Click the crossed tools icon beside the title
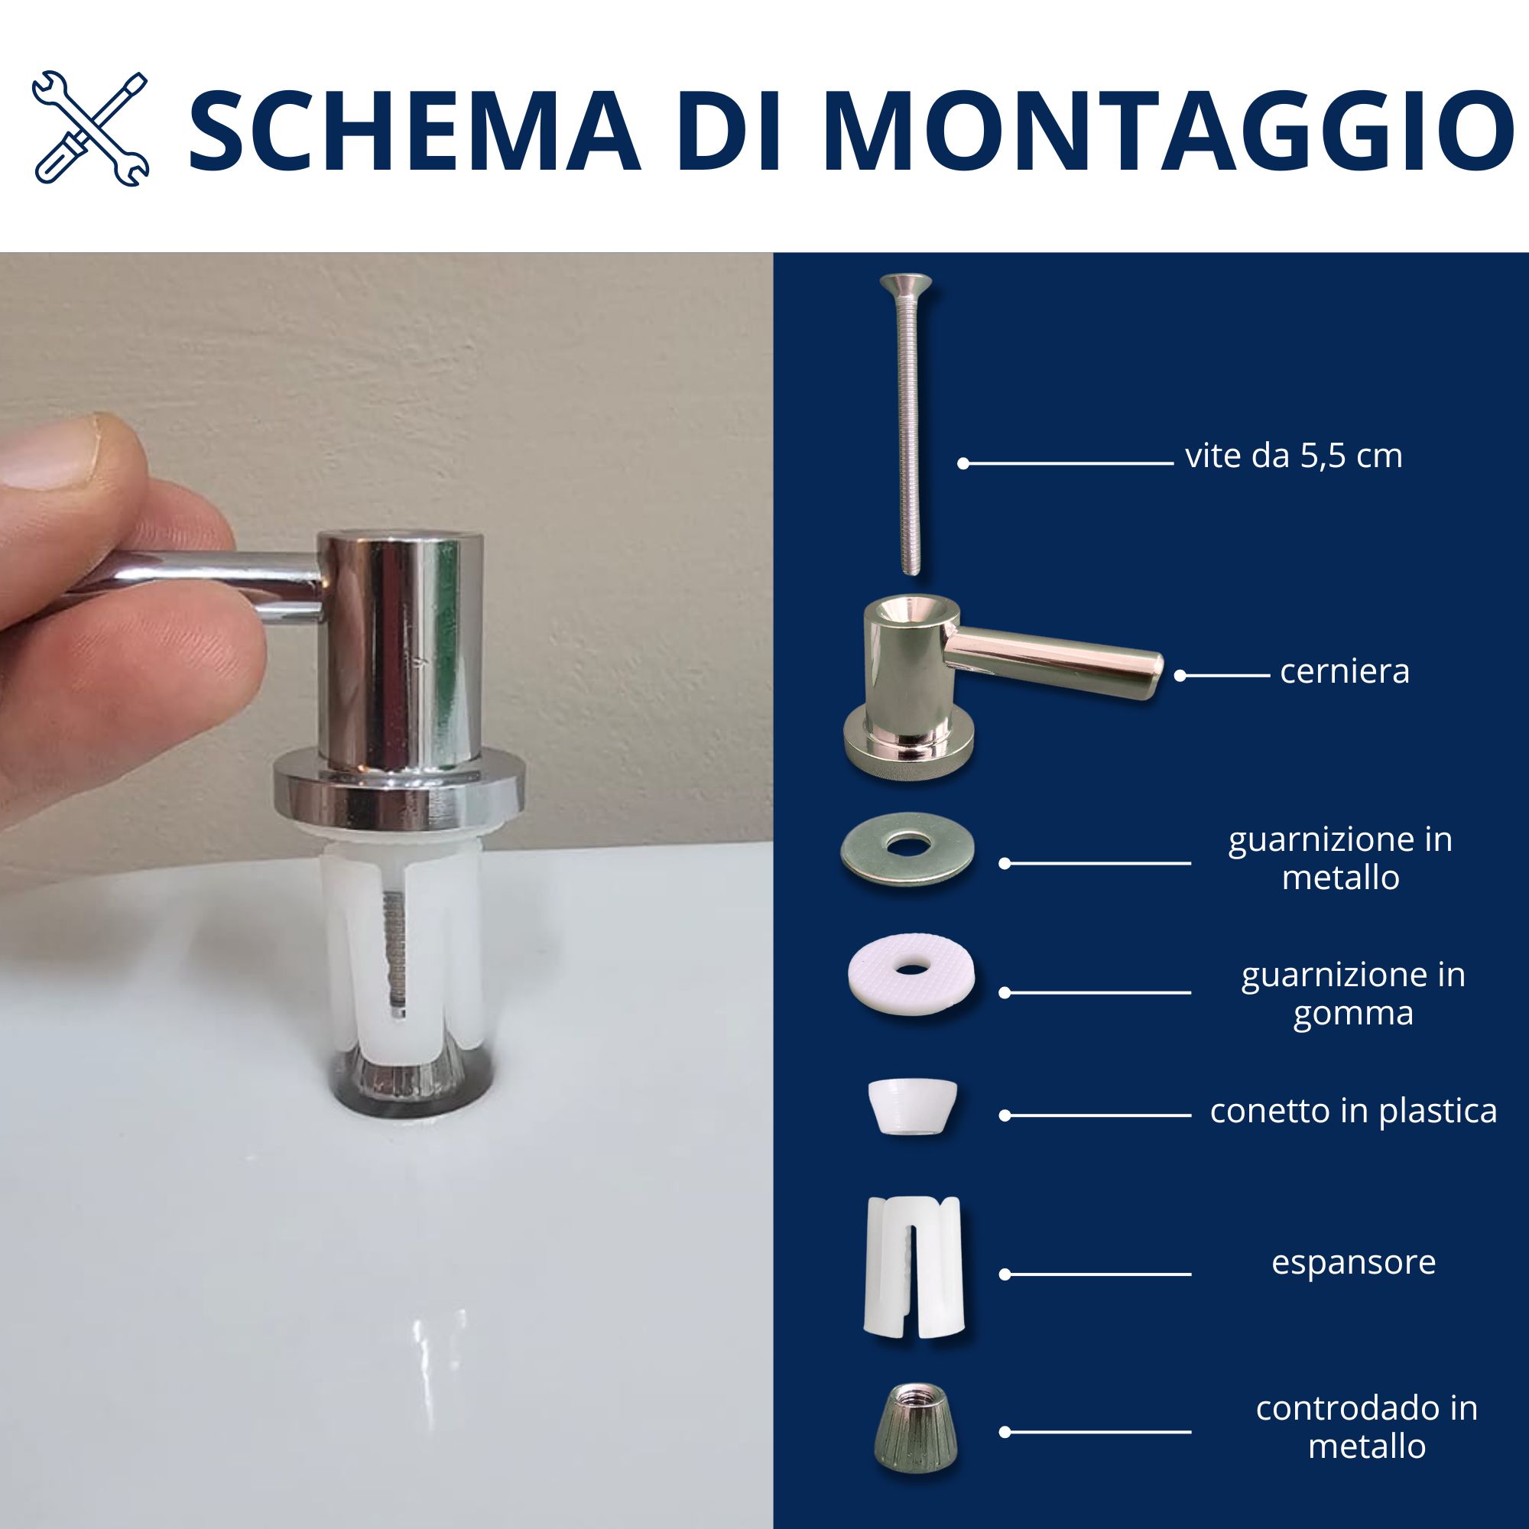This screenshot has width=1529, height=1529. click(x=90, y=129)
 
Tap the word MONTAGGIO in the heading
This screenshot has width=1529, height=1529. click(x=1167, y=131)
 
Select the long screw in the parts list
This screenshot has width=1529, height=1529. click(x=907, y=424)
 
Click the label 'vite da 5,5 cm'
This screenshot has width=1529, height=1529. click(x=1294, y=456)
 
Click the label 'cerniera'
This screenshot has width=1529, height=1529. click(x=1345, y=671)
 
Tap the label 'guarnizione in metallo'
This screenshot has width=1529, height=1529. click(x=1341, y=858)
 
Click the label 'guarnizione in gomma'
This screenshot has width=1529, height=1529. click(x=1353, y=994)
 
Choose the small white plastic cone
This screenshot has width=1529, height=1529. click(x=913, y=1107)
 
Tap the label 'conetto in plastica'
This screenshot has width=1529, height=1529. click(x=1353, y=1111)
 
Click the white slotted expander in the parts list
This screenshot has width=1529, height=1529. click(x=914, y=1267)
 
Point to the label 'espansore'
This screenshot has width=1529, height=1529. click(x=1353, y=1262)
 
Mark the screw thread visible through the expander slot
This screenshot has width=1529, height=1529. click(x=396, y=950)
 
